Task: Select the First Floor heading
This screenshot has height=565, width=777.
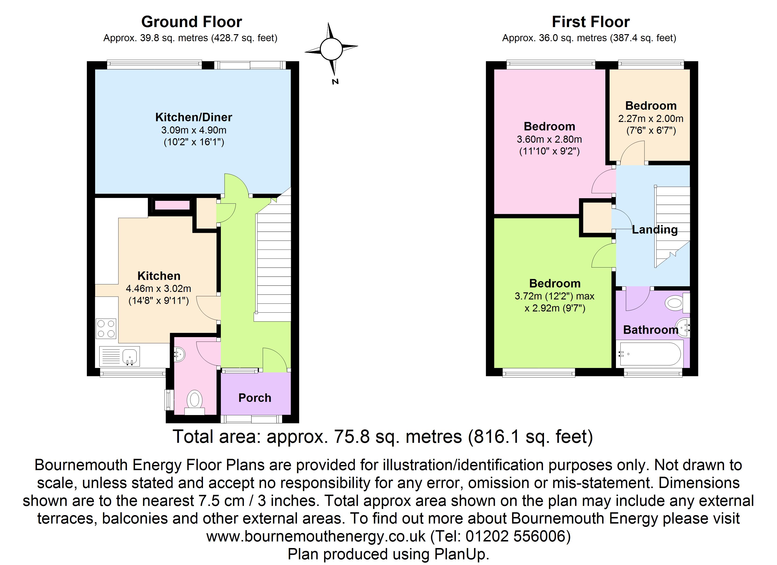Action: pyautogui.click(x=591, y=22)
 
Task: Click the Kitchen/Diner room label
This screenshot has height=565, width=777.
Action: pyautogui.click(x=194, y=117)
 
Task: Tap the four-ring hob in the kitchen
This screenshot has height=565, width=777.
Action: pyautogui.click(x=106, y=329)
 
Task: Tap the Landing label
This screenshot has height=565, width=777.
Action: pyautogui.click(x=655, y=230)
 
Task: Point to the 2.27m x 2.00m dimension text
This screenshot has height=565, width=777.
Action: pyautogui.click(x=651, y=119)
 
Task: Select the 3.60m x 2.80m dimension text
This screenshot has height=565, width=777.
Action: pyautogui.click(x=549, y=139)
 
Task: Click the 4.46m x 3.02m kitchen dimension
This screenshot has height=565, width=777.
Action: pyautogui.click(x=159, y=288)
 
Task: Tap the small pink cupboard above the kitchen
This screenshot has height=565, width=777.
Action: pyautogui.click(x=172, y=205)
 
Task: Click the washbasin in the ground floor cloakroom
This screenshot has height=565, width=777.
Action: pyautogui.click(x=179, y=353)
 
